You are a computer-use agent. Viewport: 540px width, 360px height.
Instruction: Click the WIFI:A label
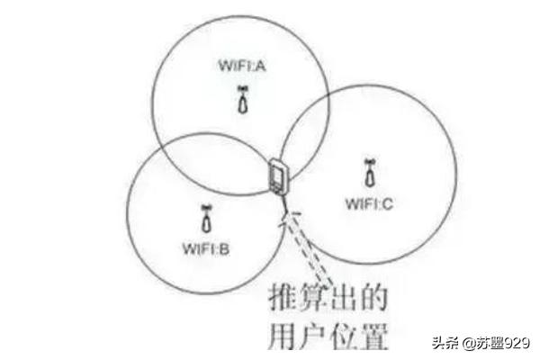click(x=242, y=66)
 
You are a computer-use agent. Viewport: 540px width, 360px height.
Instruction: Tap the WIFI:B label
click(x=206, y=248)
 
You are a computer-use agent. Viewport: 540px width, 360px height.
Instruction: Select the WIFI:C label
click(x=369, y=203)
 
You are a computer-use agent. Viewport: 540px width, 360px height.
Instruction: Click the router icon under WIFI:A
click(x=243, y=100)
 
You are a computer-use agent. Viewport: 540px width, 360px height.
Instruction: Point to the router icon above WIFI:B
click(x=206, y=219)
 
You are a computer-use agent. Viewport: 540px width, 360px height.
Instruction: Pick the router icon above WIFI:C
click(x=370, y=173)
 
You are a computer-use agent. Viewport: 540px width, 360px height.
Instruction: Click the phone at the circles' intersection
click(x=277, y=175)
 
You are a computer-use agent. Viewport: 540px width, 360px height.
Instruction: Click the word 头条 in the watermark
click(x=445, y=343)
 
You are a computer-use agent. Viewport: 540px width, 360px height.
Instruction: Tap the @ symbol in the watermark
click(x=469, y=344)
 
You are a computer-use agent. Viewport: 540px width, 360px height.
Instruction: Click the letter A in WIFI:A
click(x=260, y=66)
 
